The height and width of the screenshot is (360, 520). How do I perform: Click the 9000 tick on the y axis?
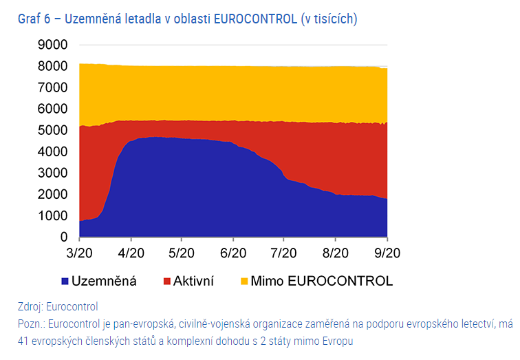click(53, 45)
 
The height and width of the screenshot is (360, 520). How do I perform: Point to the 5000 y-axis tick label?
click(53, 130)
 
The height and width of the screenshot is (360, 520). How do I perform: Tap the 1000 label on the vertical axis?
click(53, 216)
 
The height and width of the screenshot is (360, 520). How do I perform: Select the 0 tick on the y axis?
click(63, 237)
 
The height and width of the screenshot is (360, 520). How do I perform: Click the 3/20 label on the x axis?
click(80, 252)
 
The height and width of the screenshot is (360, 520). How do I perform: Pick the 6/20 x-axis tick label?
click(233, 252)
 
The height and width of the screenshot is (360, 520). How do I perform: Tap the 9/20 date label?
click(387, 252)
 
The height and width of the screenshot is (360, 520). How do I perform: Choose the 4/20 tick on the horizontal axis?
click(131, 252)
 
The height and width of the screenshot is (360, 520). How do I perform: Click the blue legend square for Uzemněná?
click(65, 282)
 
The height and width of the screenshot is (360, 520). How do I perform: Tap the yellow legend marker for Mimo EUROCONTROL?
click(244, 282)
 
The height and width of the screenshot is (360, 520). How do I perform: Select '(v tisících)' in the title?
click(329, 19)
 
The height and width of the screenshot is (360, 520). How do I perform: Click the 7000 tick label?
click(53, 87)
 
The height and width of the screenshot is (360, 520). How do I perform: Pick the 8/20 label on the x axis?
click(336, 252)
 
